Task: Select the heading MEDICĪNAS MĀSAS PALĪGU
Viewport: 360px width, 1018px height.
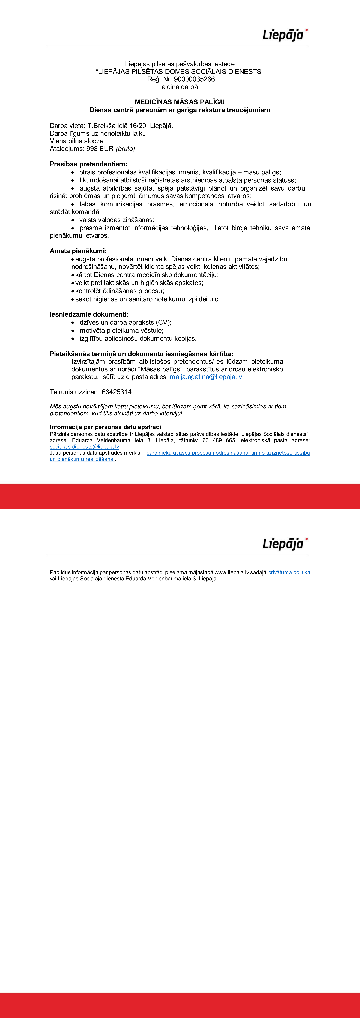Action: click(180, 102)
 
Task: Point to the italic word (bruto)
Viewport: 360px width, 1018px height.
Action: click(125, 149)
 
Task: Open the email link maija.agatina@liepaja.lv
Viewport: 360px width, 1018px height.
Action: click(206, 377)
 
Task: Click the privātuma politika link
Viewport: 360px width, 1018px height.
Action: click(289, 572)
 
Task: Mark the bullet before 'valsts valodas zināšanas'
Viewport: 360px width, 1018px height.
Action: click(73, 220)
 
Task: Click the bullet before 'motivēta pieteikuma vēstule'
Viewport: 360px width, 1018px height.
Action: click(73, 330)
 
